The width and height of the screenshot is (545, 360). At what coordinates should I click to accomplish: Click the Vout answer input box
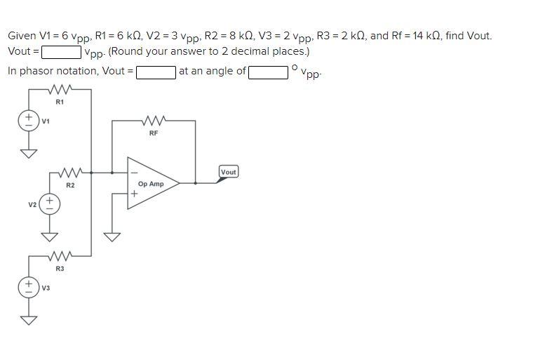coord(61,52)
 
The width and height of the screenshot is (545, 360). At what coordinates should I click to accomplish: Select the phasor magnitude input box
coord(156,71)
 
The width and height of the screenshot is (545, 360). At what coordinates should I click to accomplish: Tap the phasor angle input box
coord(267,71)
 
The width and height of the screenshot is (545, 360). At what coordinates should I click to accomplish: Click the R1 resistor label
coord(60,102)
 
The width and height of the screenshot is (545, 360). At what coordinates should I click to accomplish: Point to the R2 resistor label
coord(70,185)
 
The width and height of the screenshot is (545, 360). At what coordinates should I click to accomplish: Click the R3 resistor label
coord(60,269)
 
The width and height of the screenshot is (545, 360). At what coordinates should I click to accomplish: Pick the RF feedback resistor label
coord(154,133)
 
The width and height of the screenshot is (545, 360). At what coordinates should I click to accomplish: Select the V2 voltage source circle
coord(50,204)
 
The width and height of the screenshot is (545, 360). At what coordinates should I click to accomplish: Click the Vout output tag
coord(229,172)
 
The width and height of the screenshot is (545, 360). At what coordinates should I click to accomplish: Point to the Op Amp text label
coord(151,184)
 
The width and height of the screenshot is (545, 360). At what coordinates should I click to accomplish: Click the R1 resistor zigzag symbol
coord(60,90)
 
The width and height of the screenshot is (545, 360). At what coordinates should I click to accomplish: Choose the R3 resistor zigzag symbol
coord(60,256)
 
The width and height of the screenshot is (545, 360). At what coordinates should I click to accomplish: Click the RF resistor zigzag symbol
coord(154,121)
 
